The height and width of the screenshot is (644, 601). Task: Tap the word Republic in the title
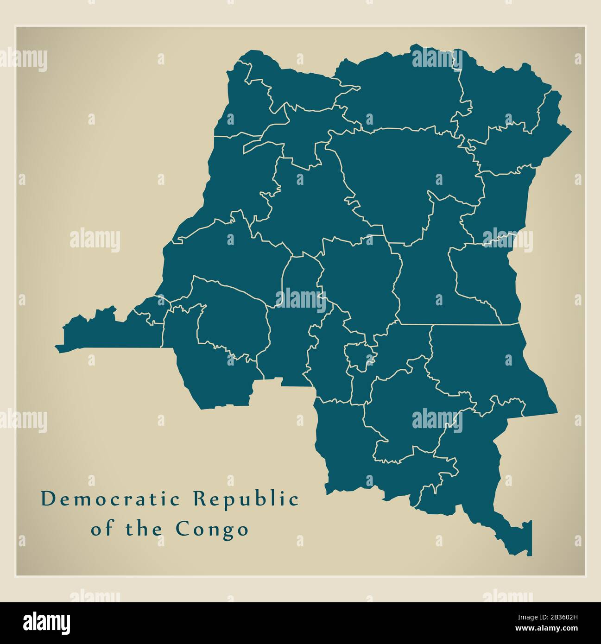click(246, 499)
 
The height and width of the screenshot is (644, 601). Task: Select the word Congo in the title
click(212, 529)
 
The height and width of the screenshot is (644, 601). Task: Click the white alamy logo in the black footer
click(47, 623)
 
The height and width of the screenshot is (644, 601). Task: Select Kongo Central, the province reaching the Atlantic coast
click(111, 329)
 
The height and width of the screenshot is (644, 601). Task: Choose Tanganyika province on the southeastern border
click(482, 366)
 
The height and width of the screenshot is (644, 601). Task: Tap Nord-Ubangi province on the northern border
click(297, 88)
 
